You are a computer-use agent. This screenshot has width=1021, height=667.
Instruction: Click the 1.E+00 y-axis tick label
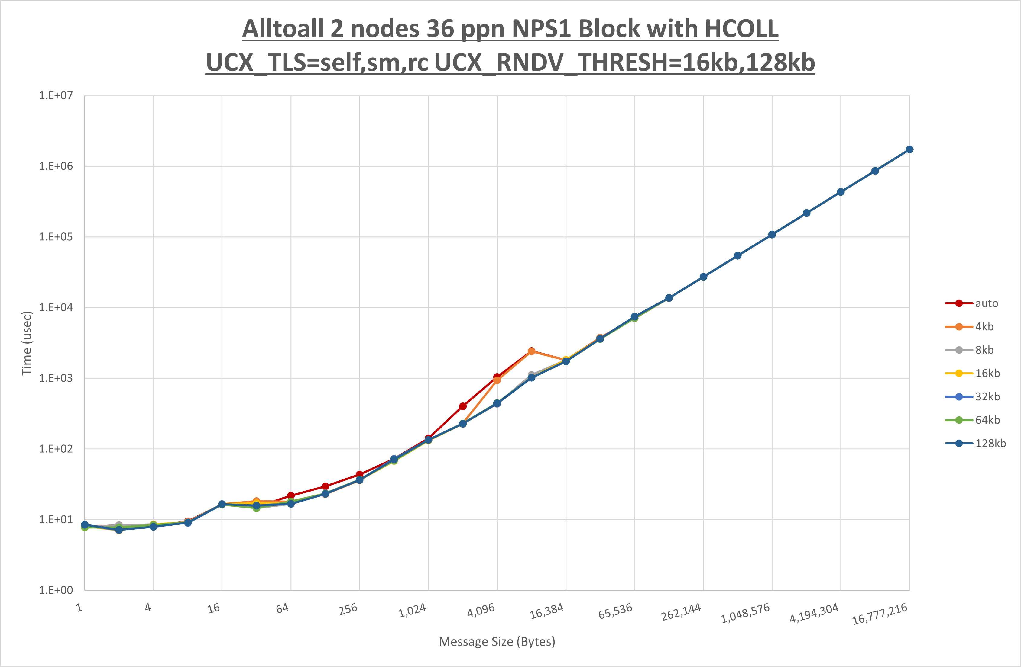56,590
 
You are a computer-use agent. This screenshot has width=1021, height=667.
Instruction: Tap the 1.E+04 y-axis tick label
56,307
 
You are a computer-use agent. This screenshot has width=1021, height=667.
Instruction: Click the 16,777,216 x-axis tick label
880,614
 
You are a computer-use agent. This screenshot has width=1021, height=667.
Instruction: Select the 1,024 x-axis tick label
412,611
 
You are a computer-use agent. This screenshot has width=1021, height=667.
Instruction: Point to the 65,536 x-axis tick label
615,611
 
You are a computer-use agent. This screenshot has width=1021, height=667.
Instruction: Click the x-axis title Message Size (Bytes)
497,642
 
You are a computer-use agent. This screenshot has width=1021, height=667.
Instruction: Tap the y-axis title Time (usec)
27,343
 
